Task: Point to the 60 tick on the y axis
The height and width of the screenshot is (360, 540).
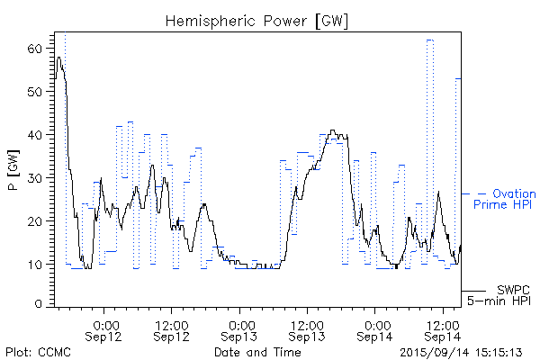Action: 36,49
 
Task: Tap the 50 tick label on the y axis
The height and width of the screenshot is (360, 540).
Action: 36,92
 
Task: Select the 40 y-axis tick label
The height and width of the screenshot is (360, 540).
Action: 36,135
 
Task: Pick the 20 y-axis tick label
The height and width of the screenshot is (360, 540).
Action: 36,221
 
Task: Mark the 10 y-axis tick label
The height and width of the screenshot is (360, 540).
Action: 36,265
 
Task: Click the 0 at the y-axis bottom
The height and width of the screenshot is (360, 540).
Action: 40,304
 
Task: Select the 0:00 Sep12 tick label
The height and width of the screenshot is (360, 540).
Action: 105,330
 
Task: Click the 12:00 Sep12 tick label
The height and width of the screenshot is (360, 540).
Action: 172,330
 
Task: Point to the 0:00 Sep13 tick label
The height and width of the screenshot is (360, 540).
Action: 240,330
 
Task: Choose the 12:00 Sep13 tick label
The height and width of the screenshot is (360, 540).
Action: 308,330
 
